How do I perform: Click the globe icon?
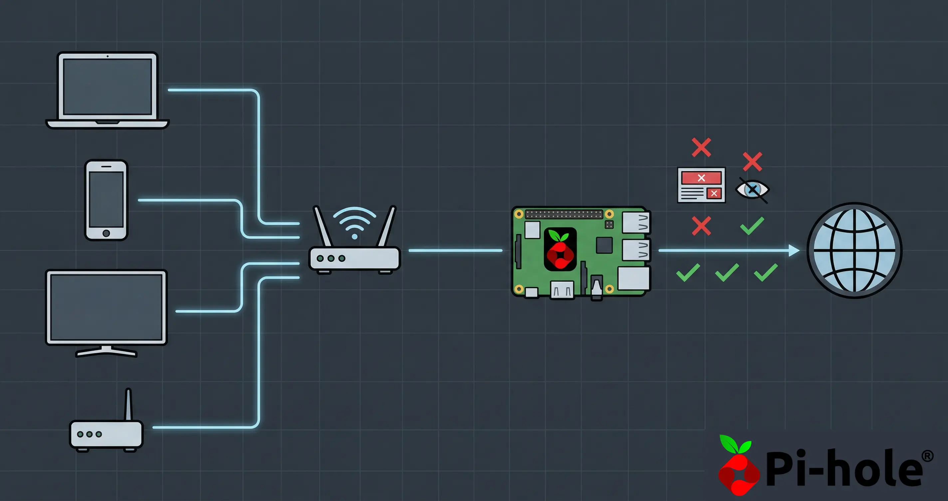[854, 250]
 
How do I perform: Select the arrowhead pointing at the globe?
[794, 250]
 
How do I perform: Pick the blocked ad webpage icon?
[701, 185]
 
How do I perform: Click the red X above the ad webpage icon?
[701, 147]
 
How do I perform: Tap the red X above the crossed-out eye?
[752, 161]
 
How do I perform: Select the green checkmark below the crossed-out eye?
[752, 226]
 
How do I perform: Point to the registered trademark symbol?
[927, 456]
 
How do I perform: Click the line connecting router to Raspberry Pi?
[455, 250]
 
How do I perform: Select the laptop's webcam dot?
[108, 56]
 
